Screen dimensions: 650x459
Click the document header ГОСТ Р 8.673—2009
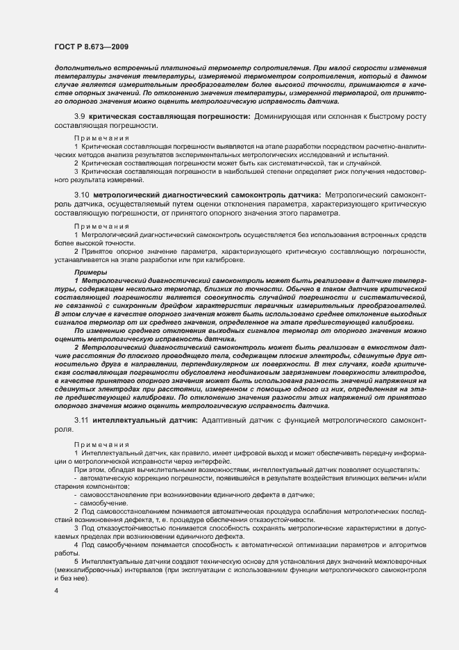(x=91, y=45)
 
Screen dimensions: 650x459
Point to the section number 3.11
(x=81, y=422)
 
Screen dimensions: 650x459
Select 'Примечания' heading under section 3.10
(x=101, y=226)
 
